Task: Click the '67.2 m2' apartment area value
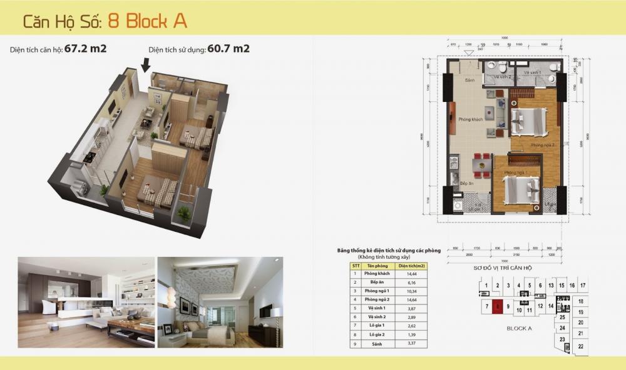coord(85,49)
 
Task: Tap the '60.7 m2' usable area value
coord(228,49)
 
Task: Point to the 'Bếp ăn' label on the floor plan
coord(466,184)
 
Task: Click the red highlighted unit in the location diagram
coord(497,307)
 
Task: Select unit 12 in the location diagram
coord(540,307)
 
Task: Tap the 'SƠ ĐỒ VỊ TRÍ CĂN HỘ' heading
coord(502,267)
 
